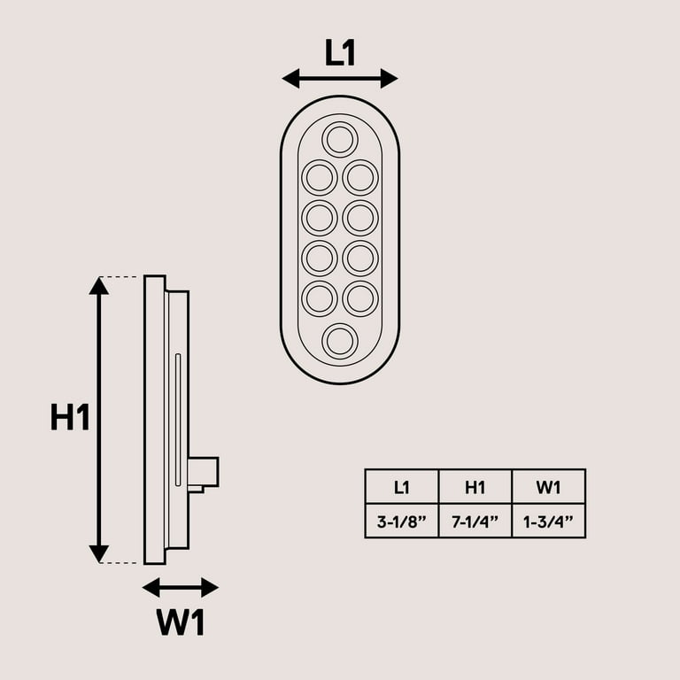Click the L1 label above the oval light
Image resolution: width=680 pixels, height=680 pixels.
[x=340, y=53]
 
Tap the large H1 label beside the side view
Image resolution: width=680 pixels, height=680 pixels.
[x=70, y=417]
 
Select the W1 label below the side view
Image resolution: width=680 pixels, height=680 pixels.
[x=181, y=623]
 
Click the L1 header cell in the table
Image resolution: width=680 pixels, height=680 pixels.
[x=401, y=486]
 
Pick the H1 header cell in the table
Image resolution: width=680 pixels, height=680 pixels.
[x=475, y=486]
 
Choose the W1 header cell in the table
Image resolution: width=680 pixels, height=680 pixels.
[x=548, y=486]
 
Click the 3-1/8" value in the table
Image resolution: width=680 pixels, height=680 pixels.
[x=401, y=521]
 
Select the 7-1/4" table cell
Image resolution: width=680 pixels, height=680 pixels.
[x=475, y=521]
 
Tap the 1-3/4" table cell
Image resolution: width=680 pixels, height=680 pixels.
[x=548, y=521]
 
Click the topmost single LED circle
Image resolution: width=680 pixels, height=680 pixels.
[x=340, y=139]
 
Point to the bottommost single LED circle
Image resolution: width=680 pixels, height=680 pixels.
[x=340, y=341]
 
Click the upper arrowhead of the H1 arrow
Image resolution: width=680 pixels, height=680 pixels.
[x=99, y=285]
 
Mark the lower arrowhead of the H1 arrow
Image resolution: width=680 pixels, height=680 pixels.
[x=99, y=554]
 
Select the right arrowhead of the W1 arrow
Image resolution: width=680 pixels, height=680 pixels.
[x=210, y=587]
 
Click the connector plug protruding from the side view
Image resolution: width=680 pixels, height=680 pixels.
[x=204, y=472]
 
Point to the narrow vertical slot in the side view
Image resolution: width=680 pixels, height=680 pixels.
[x=178, y=420]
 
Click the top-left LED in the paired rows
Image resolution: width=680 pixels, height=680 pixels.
[x=320, y=177]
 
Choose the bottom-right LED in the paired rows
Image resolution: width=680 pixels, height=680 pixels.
[x=360, y=298]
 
